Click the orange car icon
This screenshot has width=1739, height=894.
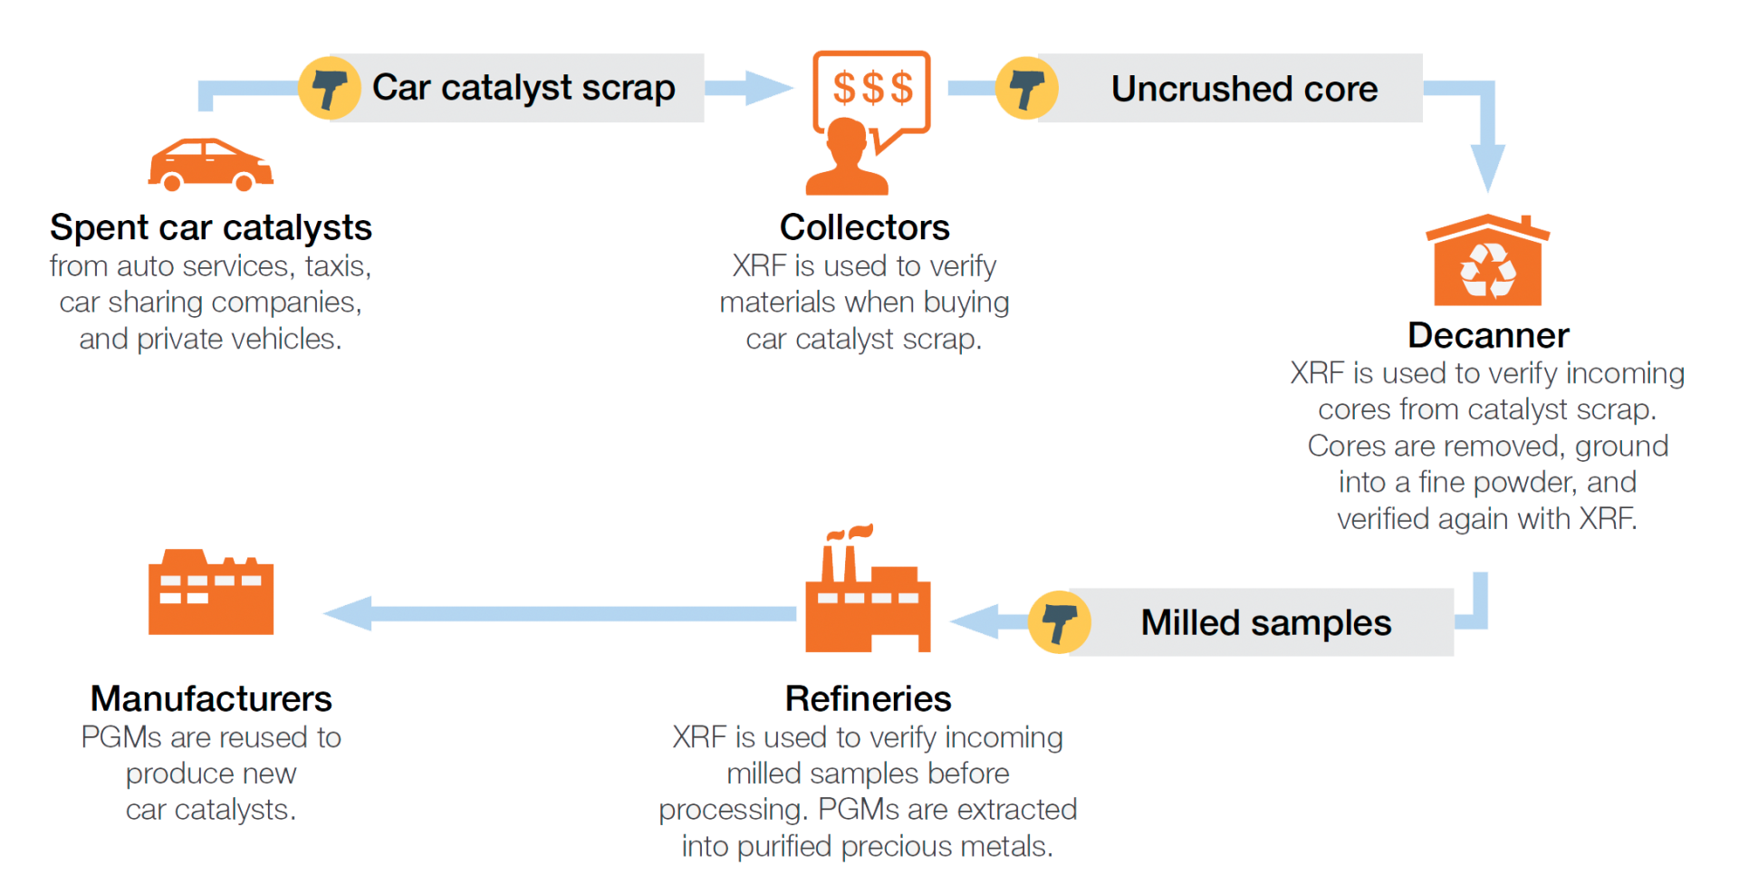pos(210,165)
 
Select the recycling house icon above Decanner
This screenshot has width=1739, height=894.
pos(1487,263)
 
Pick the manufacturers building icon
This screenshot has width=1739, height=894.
pos(210,593)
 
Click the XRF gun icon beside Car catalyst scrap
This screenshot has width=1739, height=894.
pos(329,88)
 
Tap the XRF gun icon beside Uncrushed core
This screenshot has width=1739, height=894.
pos(1025,88)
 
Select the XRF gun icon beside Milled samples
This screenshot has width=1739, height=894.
pos(1059,621)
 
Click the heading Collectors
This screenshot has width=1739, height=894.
pos(864,227)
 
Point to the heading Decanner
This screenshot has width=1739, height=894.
pos(1488,336)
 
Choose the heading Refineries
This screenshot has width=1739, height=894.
pos(868,699)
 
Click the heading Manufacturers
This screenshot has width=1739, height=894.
pos(210,699)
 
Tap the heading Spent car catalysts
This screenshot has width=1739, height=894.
pos(210,227)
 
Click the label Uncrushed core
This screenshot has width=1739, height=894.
pos(1244,89)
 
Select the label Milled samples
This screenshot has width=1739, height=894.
pos(1265,622)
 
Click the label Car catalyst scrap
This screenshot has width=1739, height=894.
pos(524,88)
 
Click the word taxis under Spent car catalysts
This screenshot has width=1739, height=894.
pos(337,266)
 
